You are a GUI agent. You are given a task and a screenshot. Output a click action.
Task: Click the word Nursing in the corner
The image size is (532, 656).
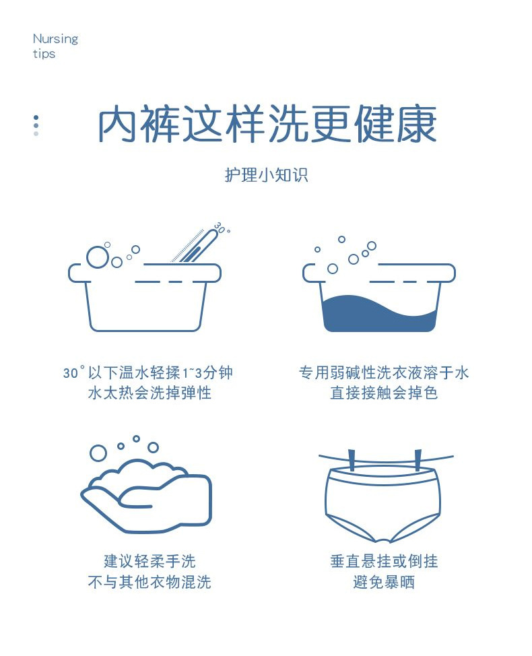point(55,39)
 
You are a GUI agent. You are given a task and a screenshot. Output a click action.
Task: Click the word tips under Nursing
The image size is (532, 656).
point(44,54)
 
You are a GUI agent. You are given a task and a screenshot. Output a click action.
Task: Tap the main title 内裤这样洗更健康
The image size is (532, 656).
point(267,124)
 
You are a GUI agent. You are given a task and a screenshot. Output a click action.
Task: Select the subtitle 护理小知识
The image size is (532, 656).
point(267,175)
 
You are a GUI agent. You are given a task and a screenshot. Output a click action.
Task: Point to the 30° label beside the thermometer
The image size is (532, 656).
point(222,228)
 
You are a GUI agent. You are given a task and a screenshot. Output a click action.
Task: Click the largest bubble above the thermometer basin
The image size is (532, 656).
point(98,257)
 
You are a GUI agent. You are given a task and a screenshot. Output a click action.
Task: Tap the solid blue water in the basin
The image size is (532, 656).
point(379,314)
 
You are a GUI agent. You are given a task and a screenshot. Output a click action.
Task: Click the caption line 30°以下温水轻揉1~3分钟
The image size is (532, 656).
point(148,372)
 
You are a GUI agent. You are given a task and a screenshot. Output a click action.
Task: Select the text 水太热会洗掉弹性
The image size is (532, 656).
point(149,393)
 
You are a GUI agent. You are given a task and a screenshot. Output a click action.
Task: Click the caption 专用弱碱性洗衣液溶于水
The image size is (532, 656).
point(384,372)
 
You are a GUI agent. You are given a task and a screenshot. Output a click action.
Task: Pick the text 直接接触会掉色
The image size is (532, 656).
point(384,393)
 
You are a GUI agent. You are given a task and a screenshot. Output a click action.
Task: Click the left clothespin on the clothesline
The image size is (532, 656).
point(352,460)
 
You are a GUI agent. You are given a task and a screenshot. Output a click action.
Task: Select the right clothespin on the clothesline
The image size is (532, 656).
point(418,460)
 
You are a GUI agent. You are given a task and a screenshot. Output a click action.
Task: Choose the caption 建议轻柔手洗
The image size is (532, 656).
point(149,561)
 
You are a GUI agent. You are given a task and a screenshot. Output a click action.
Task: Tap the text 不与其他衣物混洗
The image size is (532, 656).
point(149,582)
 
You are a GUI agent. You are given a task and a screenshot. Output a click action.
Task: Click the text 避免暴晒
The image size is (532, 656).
point(384,582)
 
